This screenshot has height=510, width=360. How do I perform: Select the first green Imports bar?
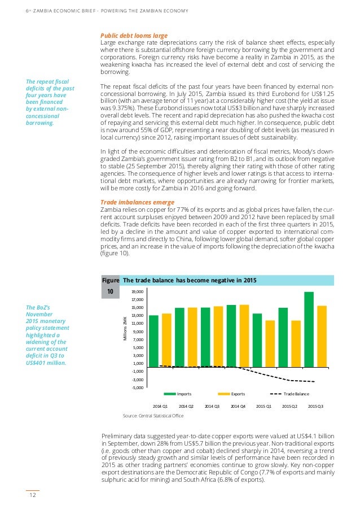pyautogui.click(x=153, y=341)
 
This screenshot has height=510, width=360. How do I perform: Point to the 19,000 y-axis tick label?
pyautogui.click(x=137, y=291)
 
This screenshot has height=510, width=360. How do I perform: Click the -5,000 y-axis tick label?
pyautogui.click(x=137, y=387)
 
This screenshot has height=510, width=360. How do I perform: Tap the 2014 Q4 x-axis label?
pyautogui.click(x=238, y=406)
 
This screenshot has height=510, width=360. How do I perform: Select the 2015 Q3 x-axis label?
pyautogui.click(x=315, y=406)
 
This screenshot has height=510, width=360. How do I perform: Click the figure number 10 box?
pyautogui.click(x=110, y=291)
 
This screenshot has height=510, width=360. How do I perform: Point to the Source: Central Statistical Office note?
pyautogui.click(x=153, y=416)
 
